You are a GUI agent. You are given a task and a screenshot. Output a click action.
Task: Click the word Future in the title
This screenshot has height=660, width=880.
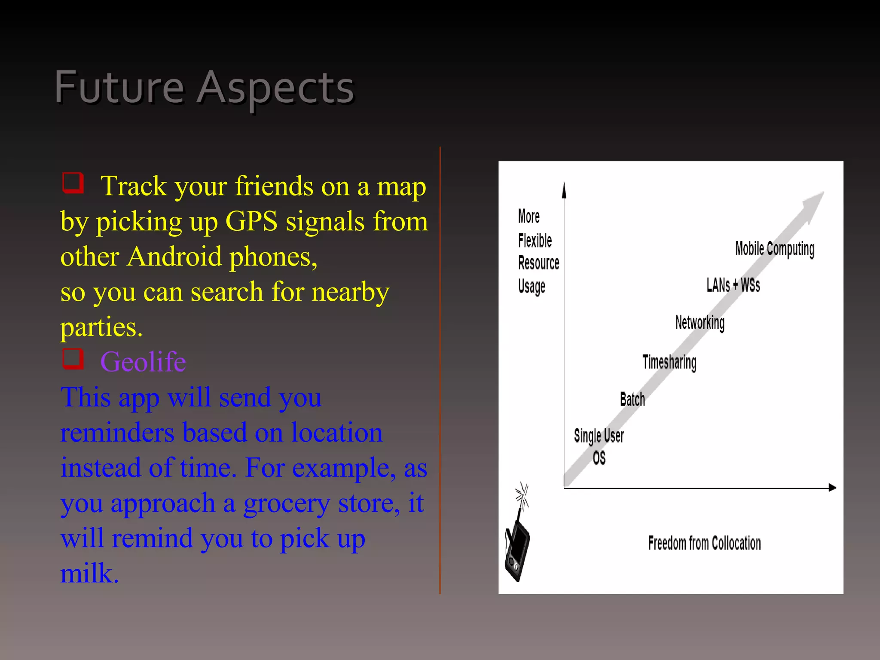119,88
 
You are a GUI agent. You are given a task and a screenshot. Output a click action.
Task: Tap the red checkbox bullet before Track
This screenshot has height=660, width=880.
73,183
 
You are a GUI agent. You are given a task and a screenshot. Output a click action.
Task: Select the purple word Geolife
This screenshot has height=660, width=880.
143,362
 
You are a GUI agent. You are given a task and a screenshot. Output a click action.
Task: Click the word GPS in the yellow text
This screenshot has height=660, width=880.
251,222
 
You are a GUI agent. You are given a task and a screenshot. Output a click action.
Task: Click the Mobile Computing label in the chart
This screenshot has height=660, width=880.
774,249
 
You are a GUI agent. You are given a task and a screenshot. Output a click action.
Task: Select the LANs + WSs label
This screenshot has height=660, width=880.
733,285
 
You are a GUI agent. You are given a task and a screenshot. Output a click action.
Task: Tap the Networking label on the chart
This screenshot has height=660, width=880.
700,323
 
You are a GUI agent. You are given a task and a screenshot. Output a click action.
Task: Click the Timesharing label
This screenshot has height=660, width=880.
669,362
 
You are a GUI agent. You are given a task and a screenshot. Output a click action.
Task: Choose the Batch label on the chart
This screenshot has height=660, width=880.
632,400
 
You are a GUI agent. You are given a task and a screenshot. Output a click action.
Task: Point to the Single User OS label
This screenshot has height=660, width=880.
599,446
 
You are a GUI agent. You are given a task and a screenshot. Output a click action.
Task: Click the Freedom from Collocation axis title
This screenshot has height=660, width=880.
704,543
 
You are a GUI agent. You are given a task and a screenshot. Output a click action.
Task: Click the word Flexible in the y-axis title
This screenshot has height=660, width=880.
535,241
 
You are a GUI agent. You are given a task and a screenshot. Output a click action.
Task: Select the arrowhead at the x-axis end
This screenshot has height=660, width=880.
832,487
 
